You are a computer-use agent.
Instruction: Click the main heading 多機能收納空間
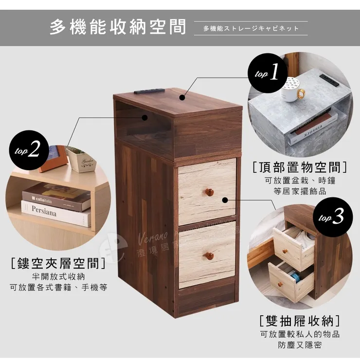(118, 27)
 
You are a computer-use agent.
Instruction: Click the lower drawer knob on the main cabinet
(209, 255)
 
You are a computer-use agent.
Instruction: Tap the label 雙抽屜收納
(300, 321)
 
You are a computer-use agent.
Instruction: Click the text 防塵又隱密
(300, 345)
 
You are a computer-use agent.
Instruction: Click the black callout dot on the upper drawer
(225, 199)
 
